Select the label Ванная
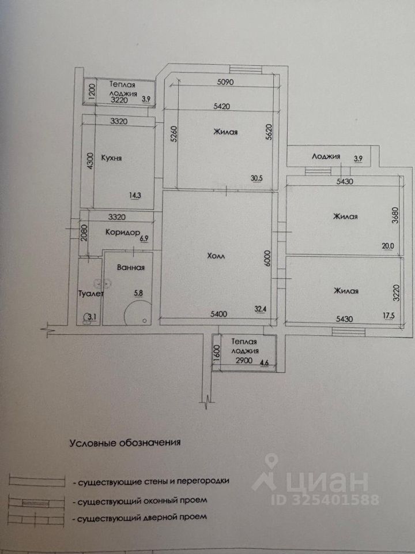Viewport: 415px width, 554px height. point(130,268)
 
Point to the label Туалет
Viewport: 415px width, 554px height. point(90,294)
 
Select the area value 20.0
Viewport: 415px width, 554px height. point(387,245)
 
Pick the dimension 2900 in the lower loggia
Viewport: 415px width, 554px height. point(242,361)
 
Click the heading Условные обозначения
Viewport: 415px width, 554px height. point(125,444)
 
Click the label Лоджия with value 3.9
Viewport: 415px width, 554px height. point(326,156)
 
